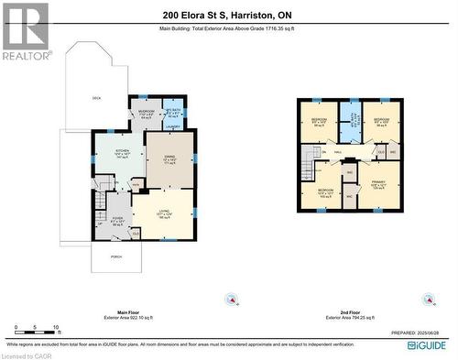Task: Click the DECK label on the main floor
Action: pos(96,98)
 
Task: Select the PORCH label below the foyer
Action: pos(115,256)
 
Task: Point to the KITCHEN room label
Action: pos(122,151)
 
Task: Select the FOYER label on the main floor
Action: pos(117,220)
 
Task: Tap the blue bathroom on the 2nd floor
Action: pos(349,117)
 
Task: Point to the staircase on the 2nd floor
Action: pos(308,168)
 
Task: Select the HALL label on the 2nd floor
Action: pos(338,151)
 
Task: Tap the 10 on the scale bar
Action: pos(57,327)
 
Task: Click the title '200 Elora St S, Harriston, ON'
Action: pos(228,15)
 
